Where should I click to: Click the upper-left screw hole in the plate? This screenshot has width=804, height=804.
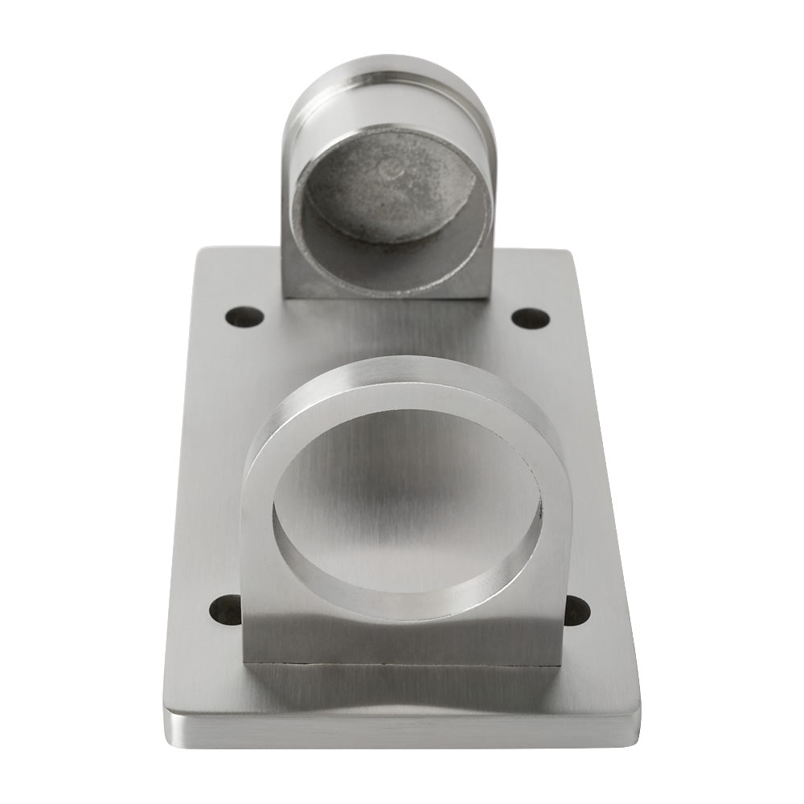click(244, 317)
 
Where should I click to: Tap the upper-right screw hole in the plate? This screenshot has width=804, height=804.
click(531, 318)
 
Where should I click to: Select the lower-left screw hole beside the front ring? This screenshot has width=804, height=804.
click(226, 610)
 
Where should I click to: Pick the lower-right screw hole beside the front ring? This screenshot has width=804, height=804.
click(576, 610)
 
